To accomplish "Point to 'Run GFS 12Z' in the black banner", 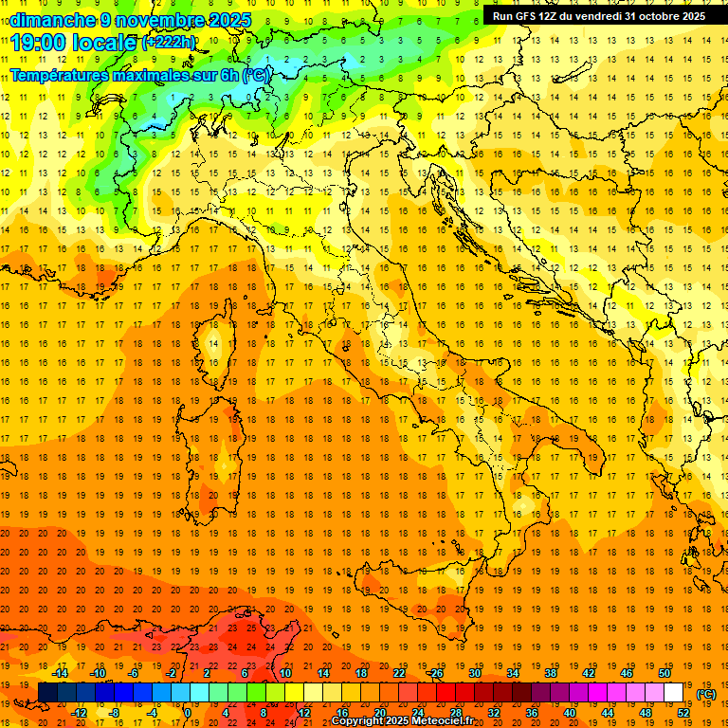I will click(525, 16).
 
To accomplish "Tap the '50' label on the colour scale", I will click(664, 673).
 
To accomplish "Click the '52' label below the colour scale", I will click(683, 713).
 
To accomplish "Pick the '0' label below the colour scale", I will click(188, 713).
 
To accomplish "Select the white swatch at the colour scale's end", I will click(674, 692).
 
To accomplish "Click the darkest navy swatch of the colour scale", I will click(47, 692).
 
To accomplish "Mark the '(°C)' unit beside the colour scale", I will click(706, 694).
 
